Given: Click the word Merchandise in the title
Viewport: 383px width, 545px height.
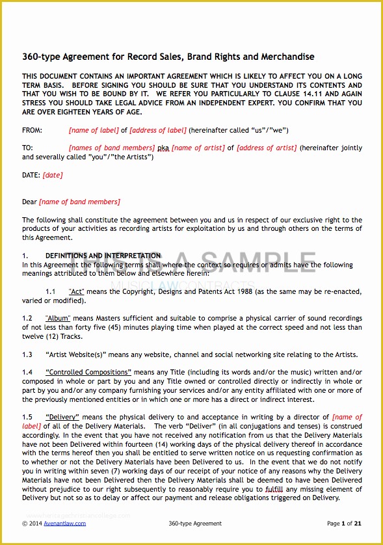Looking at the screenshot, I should [x=285, y=57].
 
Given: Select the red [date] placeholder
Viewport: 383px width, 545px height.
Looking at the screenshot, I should [x=53, y=175].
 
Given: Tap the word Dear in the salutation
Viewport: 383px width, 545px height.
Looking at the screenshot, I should [x=29, y=202].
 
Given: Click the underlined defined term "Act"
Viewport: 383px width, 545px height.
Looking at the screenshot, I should [x=76, y=292].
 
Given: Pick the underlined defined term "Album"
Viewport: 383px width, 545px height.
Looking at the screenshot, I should [x=58, y=319].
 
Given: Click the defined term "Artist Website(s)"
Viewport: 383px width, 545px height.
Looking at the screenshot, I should [x=77, y=354].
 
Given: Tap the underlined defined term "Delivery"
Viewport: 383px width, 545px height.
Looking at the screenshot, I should [x=62, y=417].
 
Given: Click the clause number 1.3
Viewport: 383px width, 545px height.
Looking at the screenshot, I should [x=27, y=354].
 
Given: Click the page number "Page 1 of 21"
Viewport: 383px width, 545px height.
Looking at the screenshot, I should [x=344, y=523].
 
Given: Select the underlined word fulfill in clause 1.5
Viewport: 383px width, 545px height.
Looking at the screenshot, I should [x=275, y=488].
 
